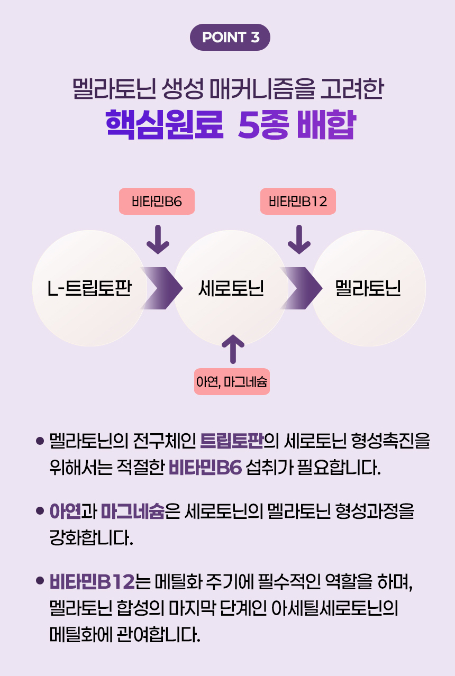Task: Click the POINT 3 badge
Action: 230,38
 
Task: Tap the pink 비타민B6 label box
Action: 157,202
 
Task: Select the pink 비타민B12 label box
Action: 298,202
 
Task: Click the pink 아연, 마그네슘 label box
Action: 232,381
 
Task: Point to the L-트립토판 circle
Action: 89,289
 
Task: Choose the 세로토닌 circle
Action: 231,289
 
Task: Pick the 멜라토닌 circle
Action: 368,289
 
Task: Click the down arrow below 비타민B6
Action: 158,240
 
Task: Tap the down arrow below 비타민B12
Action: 299,240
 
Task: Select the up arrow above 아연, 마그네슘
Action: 232,349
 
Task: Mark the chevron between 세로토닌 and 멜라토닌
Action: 302,288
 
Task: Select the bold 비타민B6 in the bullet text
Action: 205,468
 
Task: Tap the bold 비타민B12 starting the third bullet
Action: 92,583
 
